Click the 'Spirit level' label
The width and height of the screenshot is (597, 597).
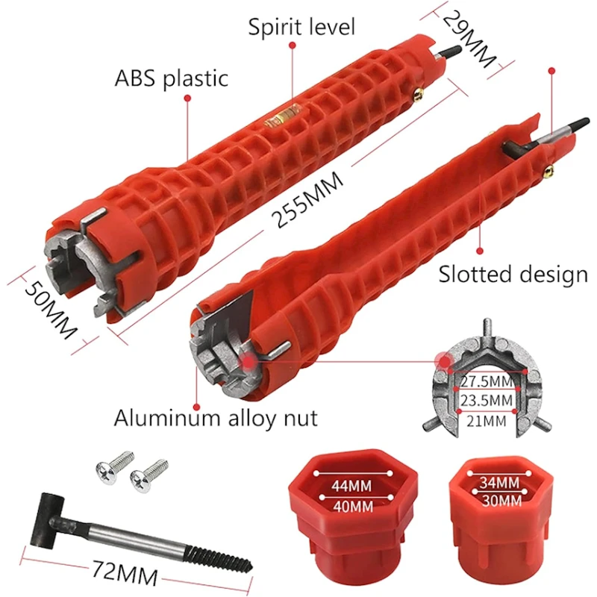pyautogui.click(x=301, y=28)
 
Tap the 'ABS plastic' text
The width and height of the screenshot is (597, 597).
pyautogui.click(x=172, y=78)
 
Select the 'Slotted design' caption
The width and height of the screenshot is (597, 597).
pyautogui.click(x=513, y=275)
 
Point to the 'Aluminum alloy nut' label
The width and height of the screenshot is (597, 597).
pyautogui.click(x=216, y=418)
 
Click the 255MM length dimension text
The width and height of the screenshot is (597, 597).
pyautogui.click(x=307, y=199)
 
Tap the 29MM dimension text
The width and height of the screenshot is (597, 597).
pyautogui.click(x=469, y=39)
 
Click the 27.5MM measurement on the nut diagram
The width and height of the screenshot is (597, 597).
pyautogui.click(x=487, y=381)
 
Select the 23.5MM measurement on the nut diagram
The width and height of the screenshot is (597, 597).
pyautogui.click(x=487, y=401)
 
